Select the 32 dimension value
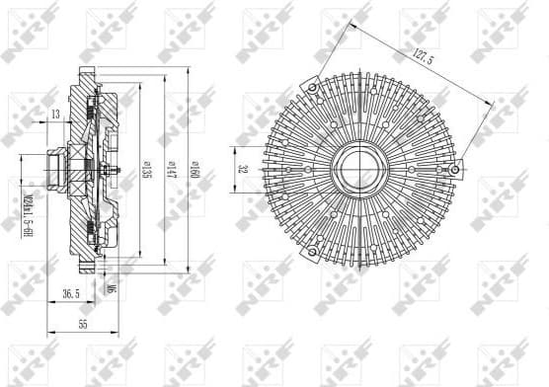[242, 169]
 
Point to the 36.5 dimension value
[70, 294]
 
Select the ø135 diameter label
[145, 169]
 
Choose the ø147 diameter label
[170, 169]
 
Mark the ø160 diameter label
[195, 169]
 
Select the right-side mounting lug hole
[454, 169]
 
